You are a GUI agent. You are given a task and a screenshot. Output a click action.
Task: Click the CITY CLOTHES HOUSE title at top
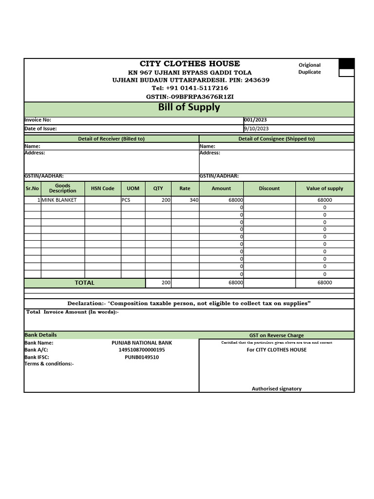[x=189, y=63]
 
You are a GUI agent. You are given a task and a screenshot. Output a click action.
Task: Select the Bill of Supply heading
[x=189, y=107]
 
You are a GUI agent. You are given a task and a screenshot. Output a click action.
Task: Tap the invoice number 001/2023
[x=256, y=120]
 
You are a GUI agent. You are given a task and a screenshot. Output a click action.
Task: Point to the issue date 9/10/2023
[x=256, y=129]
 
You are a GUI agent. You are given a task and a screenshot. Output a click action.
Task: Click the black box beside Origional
[x=346, y=63]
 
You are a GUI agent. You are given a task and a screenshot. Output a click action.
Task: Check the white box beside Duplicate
[x=346, y=73]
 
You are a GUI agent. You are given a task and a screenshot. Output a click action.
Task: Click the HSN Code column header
[x=102, y=188]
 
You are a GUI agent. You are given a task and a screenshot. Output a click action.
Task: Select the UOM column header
[x=133, y=188]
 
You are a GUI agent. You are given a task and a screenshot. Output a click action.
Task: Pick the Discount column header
[x=269, y=188]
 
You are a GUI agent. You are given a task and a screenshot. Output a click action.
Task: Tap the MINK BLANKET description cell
[x=59, y=200]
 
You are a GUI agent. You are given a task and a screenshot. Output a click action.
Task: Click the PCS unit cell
[x=126, y=200]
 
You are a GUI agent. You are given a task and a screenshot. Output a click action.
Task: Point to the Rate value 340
[x=194, y=200]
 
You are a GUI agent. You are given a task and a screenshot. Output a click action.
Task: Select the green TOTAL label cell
[x=85, y=283]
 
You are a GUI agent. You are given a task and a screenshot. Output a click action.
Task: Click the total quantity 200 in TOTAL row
[x=166, y=283]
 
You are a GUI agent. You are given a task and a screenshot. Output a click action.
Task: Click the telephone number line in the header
[x=189, y=88]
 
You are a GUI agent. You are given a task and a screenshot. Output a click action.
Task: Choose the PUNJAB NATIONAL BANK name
[x=142, y=343]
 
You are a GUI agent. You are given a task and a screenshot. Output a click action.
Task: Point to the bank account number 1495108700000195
[x=142, y=350]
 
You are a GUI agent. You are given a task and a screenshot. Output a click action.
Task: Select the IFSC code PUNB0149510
[x=142, y=357]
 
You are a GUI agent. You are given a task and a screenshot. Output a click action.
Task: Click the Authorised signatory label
[x=277, y=388]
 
